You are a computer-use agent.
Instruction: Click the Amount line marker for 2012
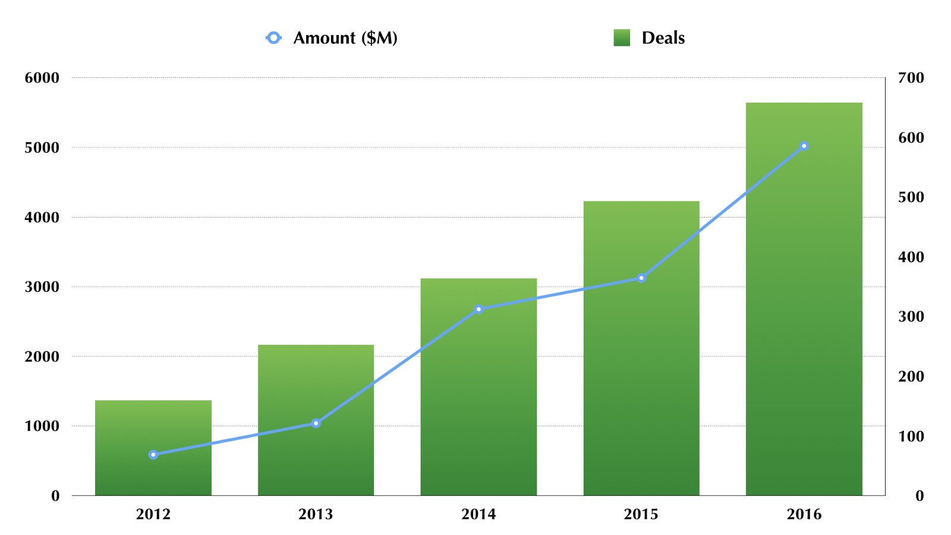(153, 455)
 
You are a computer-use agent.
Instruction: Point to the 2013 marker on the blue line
(316, 423)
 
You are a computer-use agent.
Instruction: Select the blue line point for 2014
(478, 309)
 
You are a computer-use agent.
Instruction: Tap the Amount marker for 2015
(641, 278)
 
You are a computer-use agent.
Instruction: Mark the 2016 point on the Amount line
(804, 146)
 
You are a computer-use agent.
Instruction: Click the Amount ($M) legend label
(345, 38)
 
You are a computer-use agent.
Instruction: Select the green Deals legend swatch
(622, 38)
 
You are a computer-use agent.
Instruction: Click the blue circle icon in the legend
(273, 38)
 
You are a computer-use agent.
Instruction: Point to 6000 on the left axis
(42, 78)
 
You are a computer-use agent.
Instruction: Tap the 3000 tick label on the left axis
(42, 287)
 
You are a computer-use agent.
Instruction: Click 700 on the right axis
(911, 78)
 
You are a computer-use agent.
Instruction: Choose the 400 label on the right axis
(911, 257)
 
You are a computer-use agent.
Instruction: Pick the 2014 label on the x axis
(478, 514)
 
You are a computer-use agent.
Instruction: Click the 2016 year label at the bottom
(804, 514)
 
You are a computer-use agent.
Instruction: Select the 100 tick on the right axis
(911, 437)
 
